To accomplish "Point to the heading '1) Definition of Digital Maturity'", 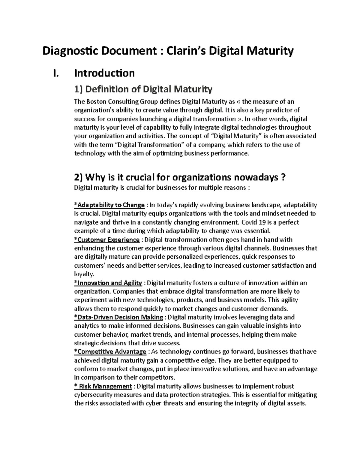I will (x=143, y=89).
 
